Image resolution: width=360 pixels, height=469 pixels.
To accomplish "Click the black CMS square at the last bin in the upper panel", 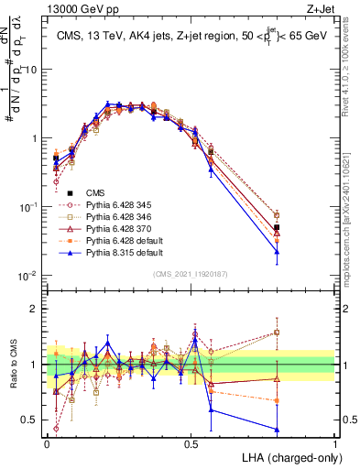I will tap(277, 227).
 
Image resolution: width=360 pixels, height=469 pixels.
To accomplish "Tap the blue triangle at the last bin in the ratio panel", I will tap(277, 429).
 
